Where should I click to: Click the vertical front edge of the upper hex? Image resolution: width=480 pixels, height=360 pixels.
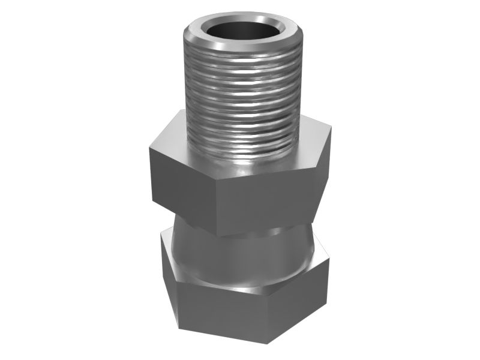click(x=217, y=207)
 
